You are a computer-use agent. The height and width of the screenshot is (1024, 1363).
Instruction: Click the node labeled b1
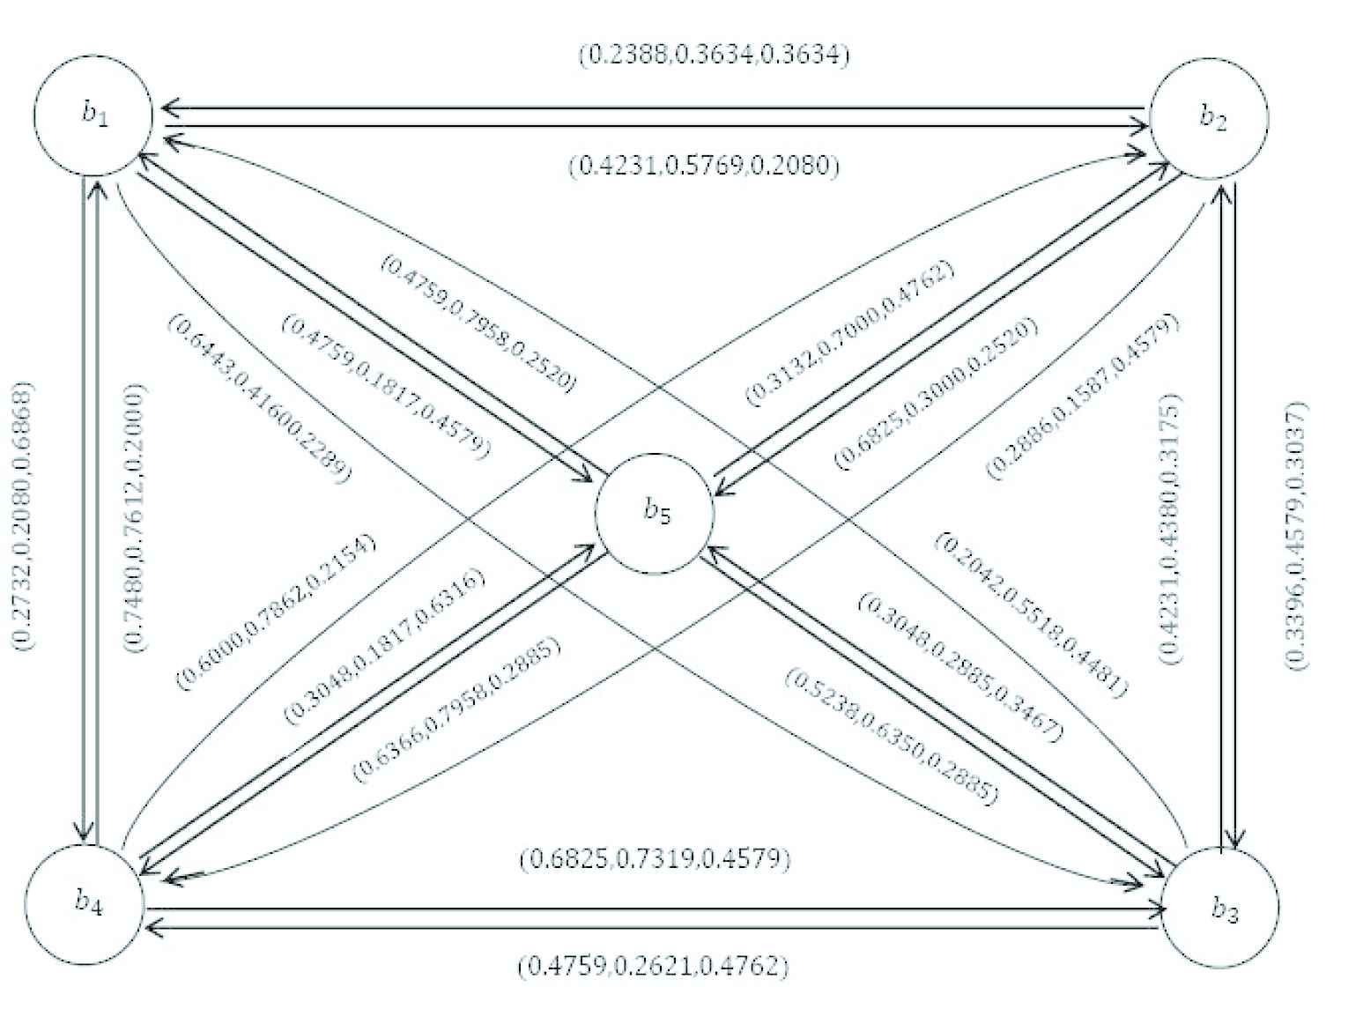tap(93, 116)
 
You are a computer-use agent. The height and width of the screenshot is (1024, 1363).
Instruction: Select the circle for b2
tap(1211, 118)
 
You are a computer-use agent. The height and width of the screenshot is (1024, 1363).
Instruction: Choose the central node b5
tap(654, 513)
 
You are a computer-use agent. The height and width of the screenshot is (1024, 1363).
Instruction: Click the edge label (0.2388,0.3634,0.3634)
tap(714, 56)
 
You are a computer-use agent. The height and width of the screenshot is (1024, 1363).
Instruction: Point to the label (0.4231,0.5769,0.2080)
tap(703, 166)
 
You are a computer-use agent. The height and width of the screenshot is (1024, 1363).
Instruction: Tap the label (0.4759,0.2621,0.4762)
tap(653, 967)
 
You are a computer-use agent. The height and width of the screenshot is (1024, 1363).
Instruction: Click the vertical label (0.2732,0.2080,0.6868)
tap(24, 515)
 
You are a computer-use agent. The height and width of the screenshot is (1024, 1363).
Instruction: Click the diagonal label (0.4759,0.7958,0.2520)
tap(478, 323)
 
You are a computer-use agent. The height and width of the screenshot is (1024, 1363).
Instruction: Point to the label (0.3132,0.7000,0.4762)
tap(850, 333)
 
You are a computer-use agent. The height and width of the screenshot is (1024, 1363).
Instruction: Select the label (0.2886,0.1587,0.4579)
tap(1083, 397)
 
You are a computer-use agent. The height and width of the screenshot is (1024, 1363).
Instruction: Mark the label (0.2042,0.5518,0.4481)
tap(1030, 614)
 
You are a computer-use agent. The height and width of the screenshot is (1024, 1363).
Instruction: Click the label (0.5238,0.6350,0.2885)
tap(892, 737)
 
